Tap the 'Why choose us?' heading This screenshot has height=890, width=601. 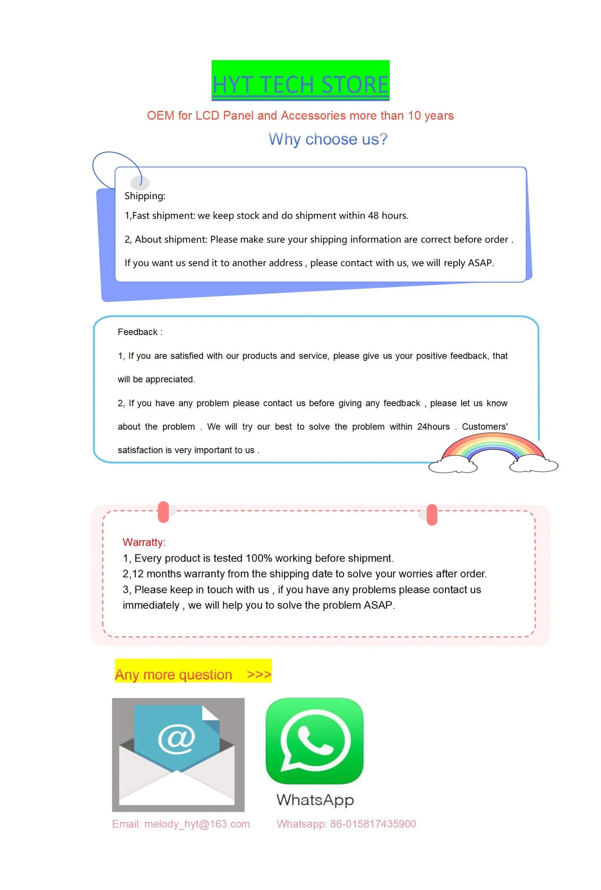coord(328,139)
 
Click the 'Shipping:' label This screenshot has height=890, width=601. coord(145,196)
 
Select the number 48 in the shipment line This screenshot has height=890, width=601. coord(373,216)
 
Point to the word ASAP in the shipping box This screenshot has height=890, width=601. coord(480,263)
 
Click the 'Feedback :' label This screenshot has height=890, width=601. coord(140,332)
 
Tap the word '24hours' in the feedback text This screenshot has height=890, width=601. coord(433,427)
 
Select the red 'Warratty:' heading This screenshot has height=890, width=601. coord(144,542)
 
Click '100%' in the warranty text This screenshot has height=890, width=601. coord(259,558)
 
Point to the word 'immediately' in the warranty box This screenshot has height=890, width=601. coord(151,605)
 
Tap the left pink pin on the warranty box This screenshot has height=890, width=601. coord(163,512)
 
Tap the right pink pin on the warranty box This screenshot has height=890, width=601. coord(432,514)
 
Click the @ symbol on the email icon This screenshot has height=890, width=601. coord(177,738)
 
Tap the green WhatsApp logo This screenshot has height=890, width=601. coord(314,741)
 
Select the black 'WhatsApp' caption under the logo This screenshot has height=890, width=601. coord(315,800)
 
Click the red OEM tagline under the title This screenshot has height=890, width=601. coord(300,116)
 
